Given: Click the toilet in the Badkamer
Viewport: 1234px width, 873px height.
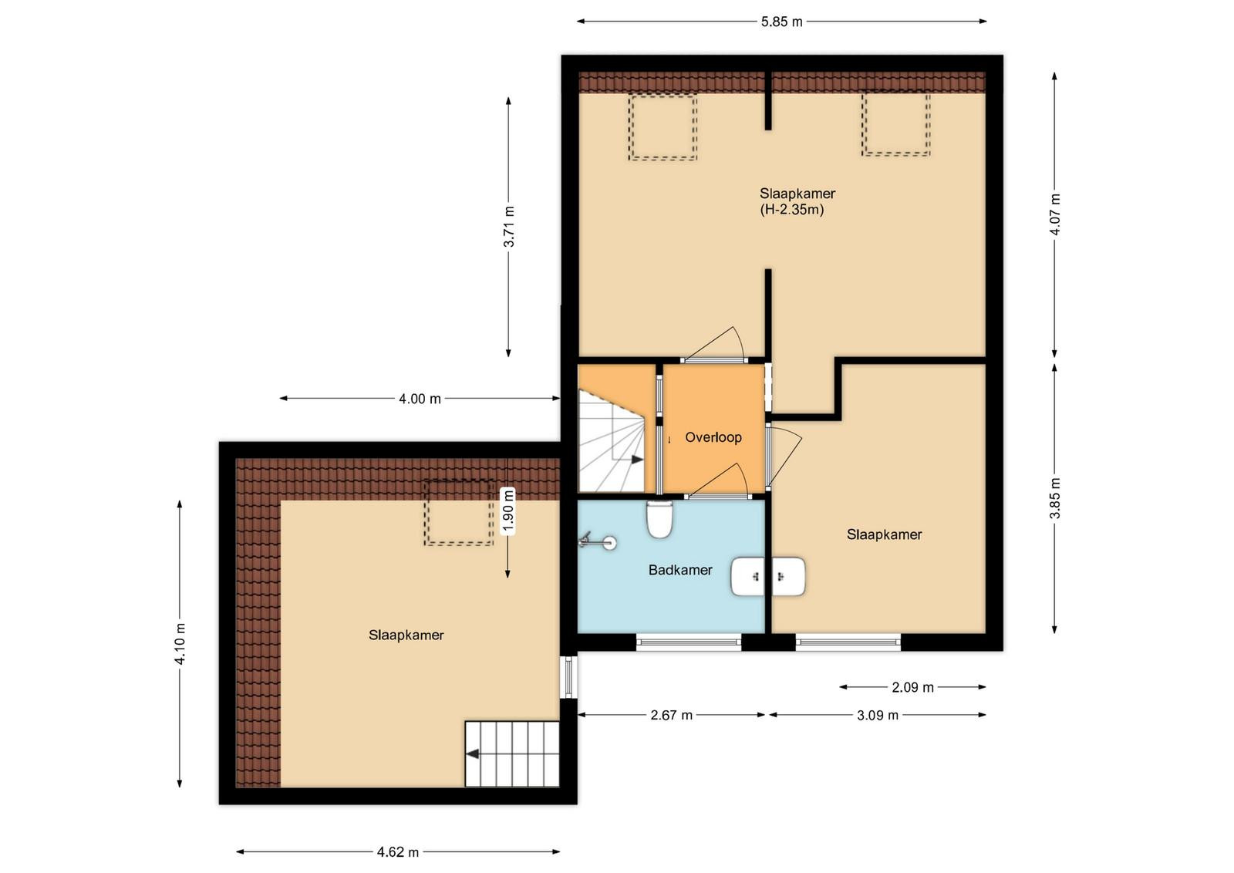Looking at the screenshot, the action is [659, 519].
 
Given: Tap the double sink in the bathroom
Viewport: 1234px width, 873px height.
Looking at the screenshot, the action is [768, 577].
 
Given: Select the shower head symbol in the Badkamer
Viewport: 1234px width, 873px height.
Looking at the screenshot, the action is [597, 541].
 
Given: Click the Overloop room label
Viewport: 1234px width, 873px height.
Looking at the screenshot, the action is [713, 437].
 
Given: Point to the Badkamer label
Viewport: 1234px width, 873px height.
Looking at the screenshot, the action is [680, 570].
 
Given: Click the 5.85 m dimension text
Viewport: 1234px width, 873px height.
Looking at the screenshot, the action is [782, 22].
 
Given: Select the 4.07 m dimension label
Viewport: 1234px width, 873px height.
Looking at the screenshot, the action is [1054, 215].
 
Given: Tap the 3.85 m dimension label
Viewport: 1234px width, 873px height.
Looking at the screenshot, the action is [1054, 498].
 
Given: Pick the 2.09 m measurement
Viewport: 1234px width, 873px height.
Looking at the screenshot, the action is [913, 687].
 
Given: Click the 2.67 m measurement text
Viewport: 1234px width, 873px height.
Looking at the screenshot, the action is [672, 716].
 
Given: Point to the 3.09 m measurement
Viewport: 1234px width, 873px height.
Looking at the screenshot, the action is [878, 716].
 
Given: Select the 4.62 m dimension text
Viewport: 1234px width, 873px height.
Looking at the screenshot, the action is [398, 853].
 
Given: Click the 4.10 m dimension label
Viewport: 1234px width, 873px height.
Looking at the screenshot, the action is [180, 644].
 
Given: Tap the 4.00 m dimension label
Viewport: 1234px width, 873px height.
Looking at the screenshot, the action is [420, 399].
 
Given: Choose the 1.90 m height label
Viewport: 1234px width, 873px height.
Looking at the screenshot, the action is [508, 511].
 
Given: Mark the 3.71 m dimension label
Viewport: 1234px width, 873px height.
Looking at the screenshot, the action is [509, 227].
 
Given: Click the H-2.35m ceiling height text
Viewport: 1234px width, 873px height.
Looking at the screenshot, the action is [792, 210].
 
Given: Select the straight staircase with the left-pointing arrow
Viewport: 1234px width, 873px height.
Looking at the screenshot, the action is [512, 754].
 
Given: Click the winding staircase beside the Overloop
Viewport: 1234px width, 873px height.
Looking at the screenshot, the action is [612, 440].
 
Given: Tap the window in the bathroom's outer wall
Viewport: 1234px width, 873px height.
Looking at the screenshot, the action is [689, 642].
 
